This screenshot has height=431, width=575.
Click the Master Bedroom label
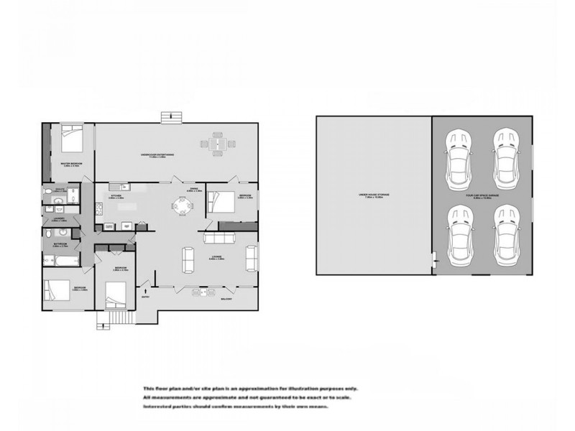(x=70, y=164)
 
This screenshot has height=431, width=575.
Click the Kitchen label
(x=116, y=195)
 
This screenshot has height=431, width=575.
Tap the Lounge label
(x=216, y=257)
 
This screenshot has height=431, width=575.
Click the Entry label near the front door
(x=145, y=295)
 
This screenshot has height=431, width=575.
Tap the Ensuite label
(x=60, y=190)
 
